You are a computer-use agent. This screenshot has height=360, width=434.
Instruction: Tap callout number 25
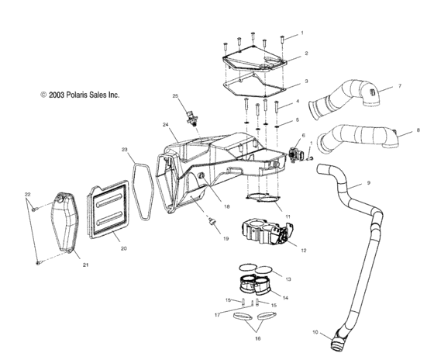175,96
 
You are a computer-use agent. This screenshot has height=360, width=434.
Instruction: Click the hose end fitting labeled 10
339,338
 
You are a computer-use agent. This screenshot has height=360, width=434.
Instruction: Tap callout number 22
27,194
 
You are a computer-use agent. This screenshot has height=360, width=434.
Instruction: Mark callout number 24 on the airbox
166,124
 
